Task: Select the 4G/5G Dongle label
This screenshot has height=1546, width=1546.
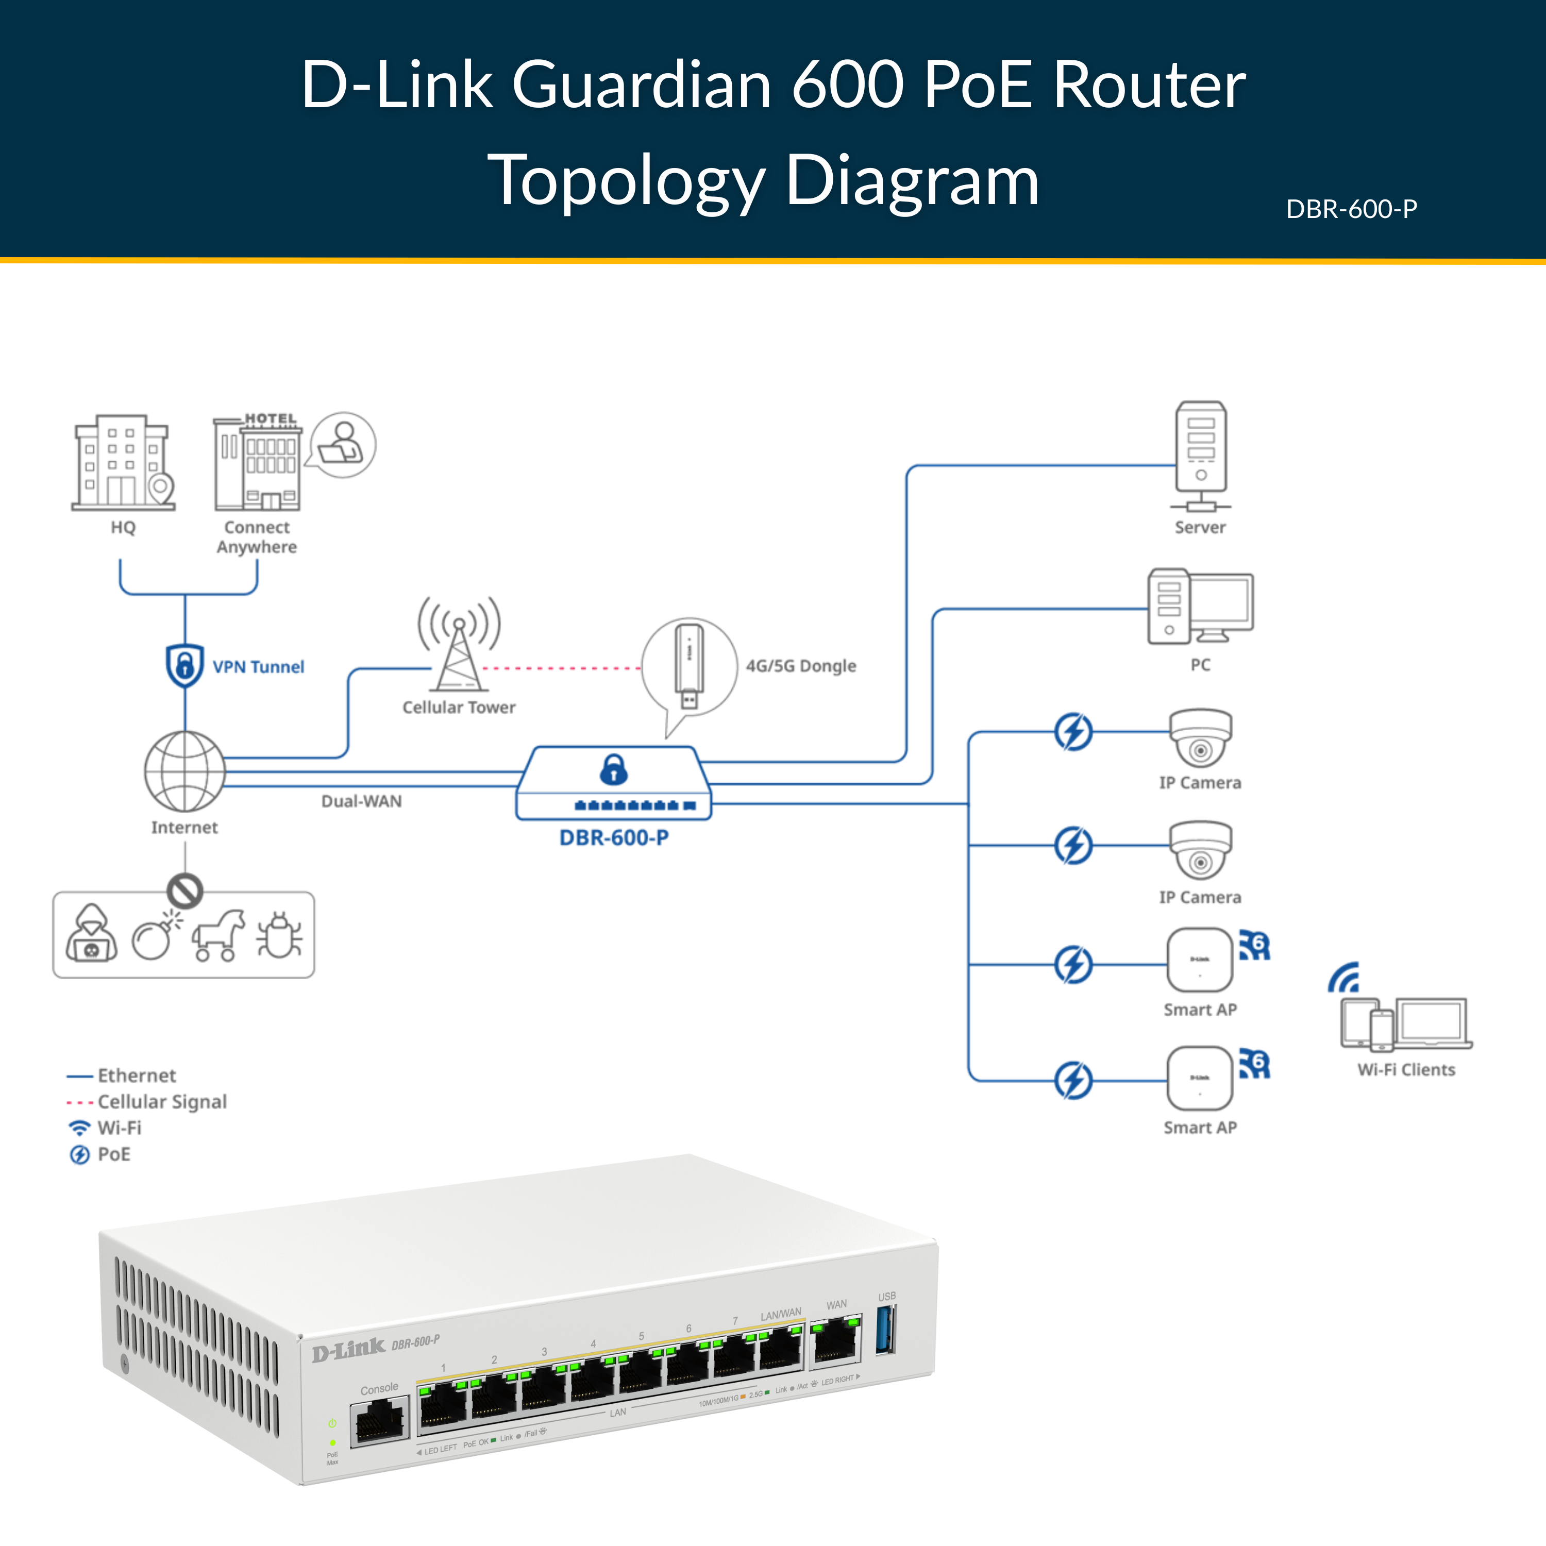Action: click(800, 666)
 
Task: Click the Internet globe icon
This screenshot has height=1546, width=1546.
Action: click(185, 771)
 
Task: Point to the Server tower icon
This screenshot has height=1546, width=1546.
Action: click(1200, 456)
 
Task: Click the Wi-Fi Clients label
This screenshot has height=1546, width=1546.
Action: click(1406, 1070)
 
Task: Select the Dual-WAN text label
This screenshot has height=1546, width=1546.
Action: click(362, 801)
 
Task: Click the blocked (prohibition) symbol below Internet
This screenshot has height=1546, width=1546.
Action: click(185, 890)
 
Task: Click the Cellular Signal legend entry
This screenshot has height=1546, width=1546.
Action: click(161, 1102)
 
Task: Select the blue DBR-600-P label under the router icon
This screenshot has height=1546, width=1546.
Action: click(614, 838)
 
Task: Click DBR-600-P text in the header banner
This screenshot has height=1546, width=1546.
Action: click(1352, 209)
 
